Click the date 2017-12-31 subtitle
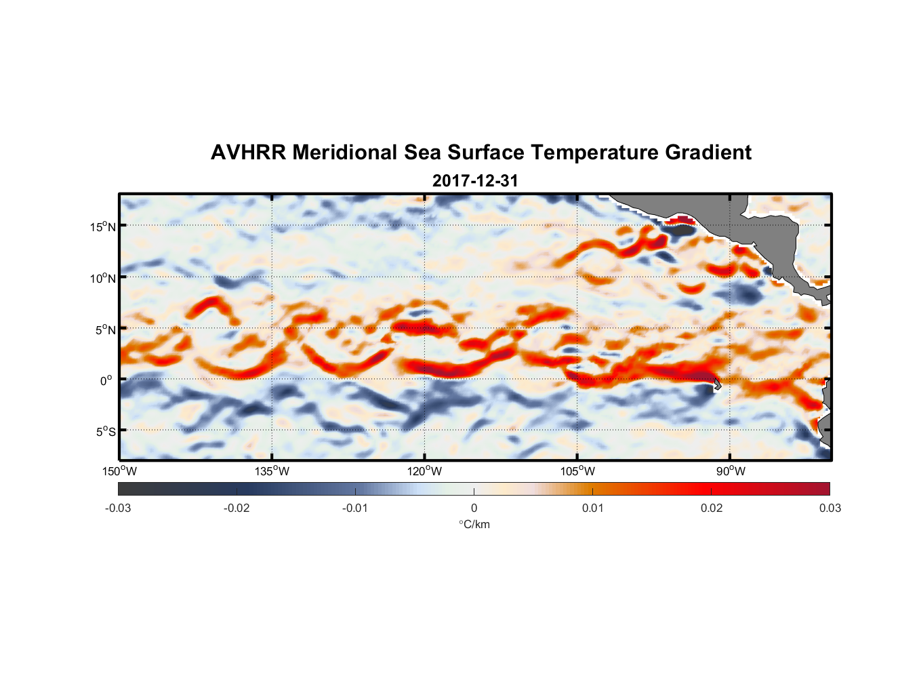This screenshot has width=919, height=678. tap(475, 181)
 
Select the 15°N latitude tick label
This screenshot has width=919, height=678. tap(103, 226)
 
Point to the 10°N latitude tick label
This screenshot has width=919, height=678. tap(103, 278)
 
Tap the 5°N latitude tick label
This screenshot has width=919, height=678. tap(105, 330)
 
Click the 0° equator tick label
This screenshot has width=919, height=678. tap(106, 381)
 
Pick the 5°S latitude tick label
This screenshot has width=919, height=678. tap(105, 432)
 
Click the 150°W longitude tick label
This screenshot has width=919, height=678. tap(120, 471)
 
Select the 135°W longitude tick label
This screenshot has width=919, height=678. tap(272, 471)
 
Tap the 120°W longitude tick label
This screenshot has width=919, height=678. tap(425, 471)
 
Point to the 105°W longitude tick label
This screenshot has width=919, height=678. tap(577, 471)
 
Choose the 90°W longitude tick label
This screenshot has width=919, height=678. tap(731, 471)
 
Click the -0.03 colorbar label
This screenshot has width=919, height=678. tap(118, 509)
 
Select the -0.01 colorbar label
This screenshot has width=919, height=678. tap(355, 509)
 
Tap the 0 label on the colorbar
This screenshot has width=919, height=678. tap(474, 509)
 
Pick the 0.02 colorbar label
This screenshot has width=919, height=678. tap(712, 509)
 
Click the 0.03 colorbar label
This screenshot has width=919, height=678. tap(830, 509)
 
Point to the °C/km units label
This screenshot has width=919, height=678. tap(474, 524)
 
